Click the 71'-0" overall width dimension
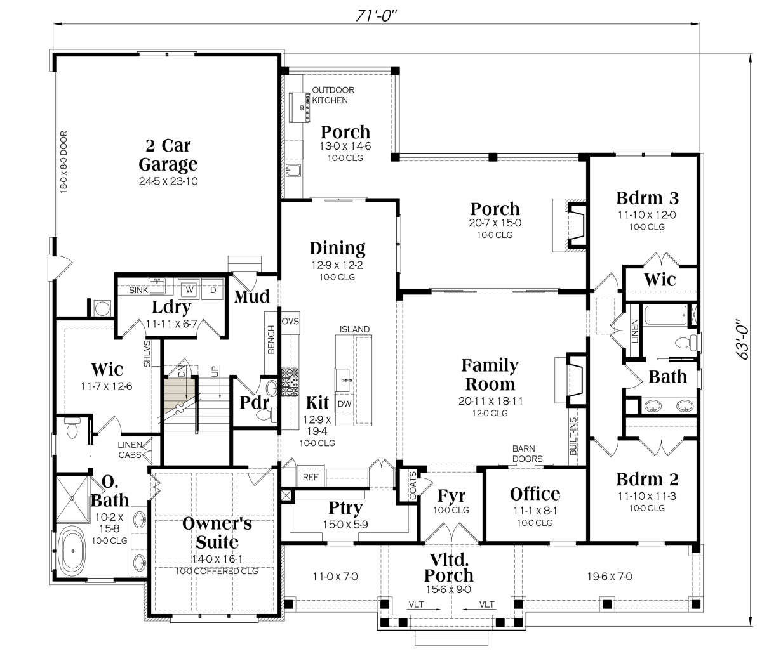[x=376, y=16]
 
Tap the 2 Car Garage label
[x=168, y=155]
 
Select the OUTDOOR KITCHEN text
[x=333, y=95]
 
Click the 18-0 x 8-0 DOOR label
[x=63, y=162]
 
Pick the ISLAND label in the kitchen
[x=354, y=329]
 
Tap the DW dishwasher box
[x=344, y=403]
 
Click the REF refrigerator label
[x=311, y=477]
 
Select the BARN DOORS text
[x=527, y=454]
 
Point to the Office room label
[x=535, y=494]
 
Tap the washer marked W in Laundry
[x=190, y=289]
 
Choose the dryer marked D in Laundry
[x=213, y=289]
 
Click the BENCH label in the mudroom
[x=271, y=339]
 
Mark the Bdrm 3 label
[x=647, y=198]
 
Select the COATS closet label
[x=413, y=486]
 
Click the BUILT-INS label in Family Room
[x=573, y=436]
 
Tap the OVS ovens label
[x=290, y=321]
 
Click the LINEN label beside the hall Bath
[x=635, y=331]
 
